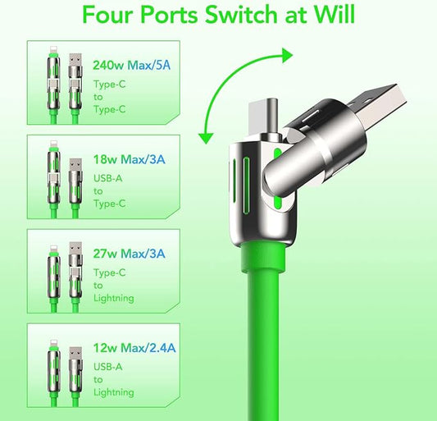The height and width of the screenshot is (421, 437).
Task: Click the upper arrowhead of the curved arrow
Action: [286, 55]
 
